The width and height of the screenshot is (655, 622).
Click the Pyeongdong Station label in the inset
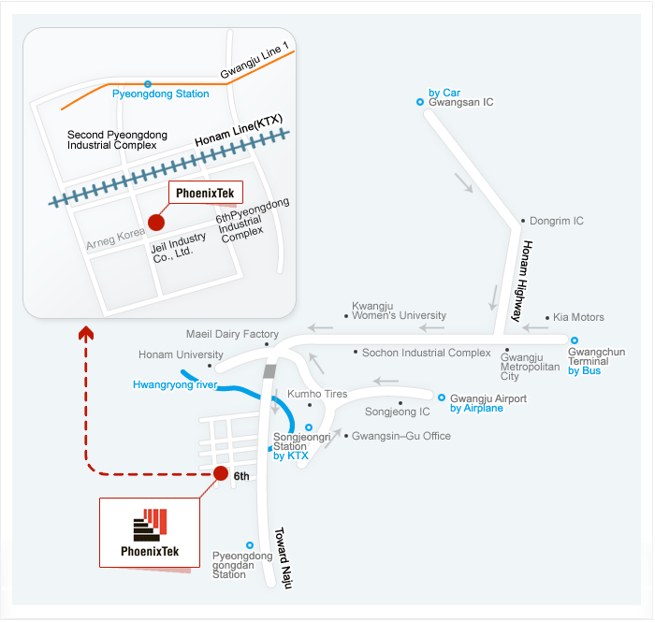pyautogui.click(x=161, y=94)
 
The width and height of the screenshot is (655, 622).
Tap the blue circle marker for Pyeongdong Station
pyautogui.click(x=148, y=84)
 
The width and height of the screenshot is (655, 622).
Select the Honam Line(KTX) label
pyautogui.click(x=239, y=131)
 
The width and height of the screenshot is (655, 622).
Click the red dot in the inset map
pyautogui.click(x=156, y=223)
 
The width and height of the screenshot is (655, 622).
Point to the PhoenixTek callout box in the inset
pyautogui.click(x=205, y=193)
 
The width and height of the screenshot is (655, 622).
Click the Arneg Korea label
pyautogui.click(x=116, y=239)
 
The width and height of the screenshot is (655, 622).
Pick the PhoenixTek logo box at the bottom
pyautogui.click(x=150, y=532)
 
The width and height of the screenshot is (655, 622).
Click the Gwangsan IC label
pyautogui.click(x=460, y=102)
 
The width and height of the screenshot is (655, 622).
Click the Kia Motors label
pyautogui.click(x=578, y=318)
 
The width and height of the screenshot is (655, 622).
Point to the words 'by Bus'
pyautogui.click(x=585, y=371)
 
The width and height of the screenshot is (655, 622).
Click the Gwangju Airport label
pyautogui.click(x=488, y=398)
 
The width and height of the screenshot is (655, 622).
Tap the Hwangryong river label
pyautogui.click(x=175, y=384)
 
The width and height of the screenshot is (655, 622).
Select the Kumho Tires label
pyautogui.click(x=317, y=395)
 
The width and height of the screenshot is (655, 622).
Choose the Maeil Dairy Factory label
pyautogui.click(x=232, y=335)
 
